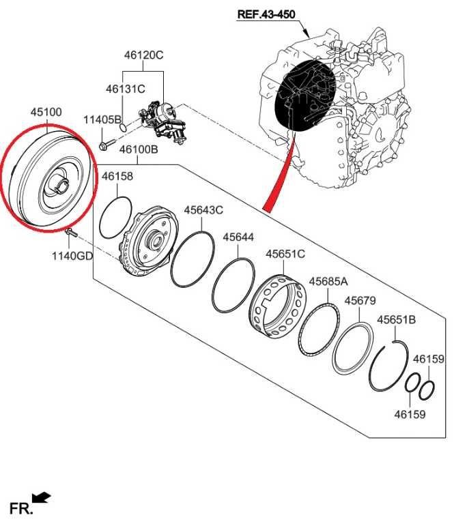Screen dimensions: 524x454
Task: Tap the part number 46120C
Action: click(x=143, y=55)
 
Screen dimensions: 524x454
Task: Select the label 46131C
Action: click(x=126, y=89)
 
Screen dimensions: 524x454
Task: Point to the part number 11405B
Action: click(x=102, y=120)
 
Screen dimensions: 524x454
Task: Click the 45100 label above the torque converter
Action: click(x=46, y=111)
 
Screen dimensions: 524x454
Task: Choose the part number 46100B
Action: click(x=139, y=148)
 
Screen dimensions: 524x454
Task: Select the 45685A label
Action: click(x=328, y=281)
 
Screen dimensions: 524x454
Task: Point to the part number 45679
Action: click(x=360, y=300)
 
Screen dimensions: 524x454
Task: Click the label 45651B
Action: click(x=397, y=319)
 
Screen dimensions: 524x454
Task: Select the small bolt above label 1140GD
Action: click(x=71, y=233)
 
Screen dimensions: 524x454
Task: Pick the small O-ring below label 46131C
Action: click(x=122, y=126)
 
